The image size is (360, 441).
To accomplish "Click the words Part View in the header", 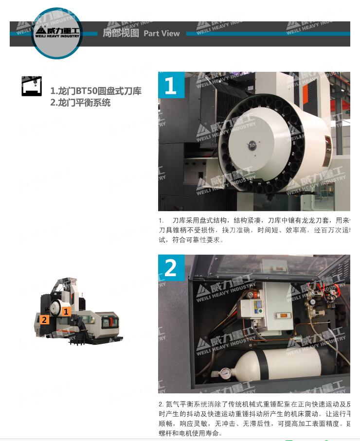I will coord(162,34).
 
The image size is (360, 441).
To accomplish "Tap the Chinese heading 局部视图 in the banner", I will coord(121,33).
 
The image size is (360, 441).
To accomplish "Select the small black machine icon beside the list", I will coord(32,86).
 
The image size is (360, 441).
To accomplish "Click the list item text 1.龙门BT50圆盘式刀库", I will coord(96,91).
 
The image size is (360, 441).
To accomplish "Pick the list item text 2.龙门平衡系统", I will coord(80,103).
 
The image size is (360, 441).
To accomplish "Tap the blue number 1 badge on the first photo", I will coord(171,86).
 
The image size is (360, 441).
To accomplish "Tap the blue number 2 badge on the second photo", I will coord(171,268).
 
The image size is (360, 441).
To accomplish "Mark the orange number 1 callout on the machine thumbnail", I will coord(66,312).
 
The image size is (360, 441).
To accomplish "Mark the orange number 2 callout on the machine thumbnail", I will coord(44,319).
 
